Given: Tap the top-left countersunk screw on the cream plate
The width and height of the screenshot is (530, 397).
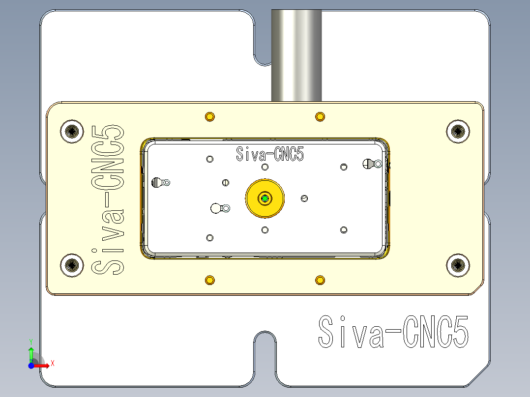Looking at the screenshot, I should click(x=72, y=131).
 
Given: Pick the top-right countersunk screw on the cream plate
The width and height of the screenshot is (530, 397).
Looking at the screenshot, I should click(x=458, y=131).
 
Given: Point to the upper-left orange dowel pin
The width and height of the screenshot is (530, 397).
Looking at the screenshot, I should click(x=210, y=116).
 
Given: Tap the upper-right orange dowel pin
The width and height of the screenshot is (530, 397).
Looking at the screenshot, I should click(x=320, y=116).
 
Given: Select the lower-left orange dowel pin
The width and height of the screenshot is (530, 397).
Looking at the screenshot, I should click(x=210, y=280).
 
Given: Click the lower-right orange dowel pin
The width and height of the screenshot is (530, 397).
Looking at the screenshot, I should click(x=320, y=280).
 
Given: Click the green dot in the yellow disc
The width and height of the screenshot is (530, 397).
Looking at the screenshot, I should click(x=265, y=198).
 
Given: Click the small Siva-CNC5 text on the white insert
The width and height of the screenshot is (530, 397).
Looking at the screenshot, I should click(x=270, y=154).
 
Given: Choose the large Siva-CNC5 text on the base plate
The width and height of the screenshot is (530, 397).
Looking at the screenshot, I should click(x=393, y=332).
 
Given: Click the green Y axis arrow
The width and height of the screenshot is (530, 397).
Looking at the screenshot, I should click(x=31, y=351).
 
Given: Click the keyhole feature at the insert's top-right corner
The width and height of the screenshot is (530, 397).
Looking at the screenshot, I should click(x=371, y=164).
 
